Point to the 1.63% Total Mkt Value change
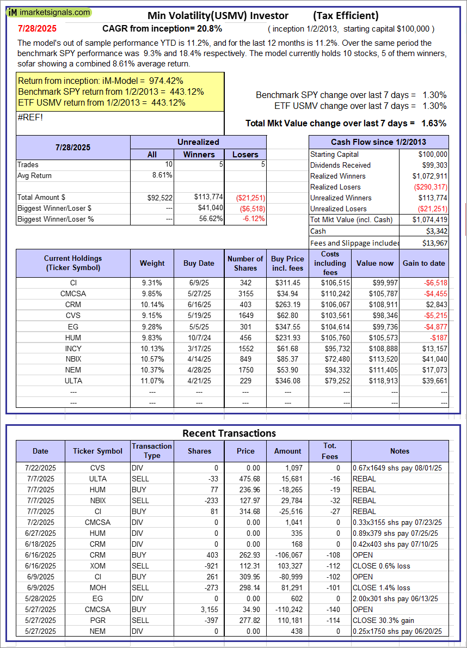point(434,123)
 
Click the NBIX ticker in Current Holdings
point(73,359)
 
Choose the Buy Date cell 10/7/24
point(199,337)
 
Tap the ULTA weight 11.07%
point(152,381)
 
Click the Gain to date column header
point(423,263)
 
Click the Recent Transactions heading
point(229,433)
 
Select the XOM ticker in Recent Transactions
point(98,566)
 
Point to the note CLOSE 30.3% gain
point(381,620)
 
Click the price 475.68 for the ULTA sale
point(245,479)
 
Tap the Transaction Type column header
point(152,450)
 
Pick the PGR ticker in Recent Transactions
point(98,620)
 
